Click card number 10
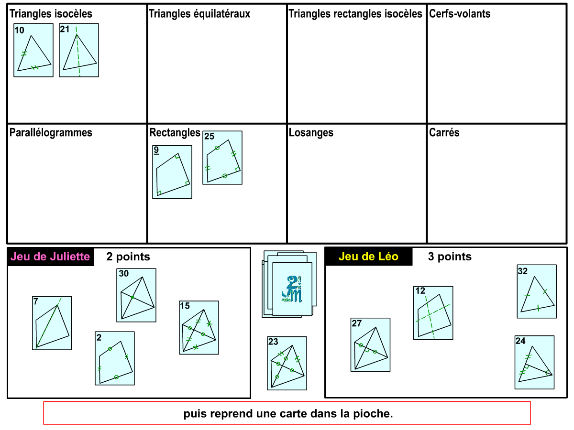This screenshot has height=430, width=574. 33,50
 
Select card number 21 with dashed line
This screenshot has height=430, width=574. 79,50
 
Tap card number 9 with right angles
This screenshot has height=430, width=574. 172,172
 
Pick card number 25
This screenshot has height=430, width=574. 222,158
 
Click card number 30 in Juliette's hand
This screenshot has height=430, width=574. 136,295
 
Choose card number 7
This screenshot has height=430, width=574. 52,323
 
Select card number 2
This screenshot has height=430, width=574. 115,358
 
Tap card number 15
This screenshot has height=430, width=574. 199,328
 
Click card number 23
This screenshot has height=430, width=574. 287,363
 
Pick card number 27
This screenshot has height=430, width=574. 370,345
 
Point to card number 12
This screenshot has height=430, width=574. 433,313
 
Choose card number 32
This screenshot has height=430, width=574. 537,291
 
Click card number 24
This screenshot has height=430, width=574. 534,362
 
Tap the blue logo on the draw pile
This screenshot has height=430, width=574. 292,289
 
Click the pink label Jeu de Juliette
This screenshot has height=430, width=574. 50,257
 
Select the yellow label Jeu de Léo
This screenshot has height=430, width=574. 368,257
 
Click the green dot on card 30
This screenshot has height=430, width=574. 132,298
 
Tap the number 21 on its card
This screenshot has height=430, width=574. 65,29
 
